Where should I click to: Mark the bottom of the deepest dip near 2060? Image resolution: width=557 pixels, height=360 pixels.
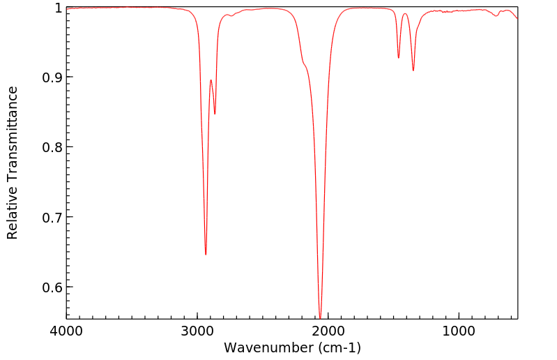[320, 318]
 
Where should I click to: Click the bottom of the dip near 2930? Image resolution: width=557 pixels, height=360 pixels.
[206, 255]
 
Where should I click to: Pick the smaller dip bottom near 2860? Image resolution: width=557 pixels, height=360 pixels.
[215, 114]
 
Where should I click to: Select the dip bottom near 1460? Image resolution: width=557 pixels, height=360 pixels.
[399, 58]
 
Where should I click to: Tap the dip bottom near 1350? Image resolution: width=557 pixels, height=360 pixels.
[413, 70]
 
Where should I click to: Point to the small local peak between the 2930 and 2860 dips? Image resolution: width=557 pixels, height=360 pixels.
[211, 80]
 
